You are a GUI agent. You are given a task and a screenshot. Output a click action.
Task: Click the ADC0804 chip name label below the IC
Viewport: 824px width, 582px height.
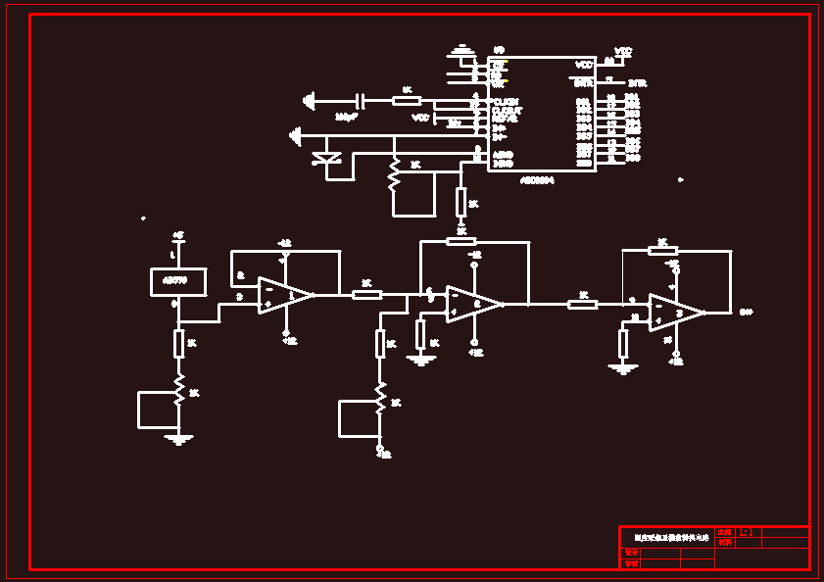pos(537,180)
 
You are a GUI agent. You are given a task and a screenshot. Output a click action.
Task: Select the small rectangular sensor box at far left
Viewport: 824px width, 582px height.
pos(177,282)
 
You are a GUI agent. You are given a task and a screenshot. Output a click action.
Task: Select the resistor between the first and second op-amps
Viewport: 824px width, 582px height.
pos(366,294)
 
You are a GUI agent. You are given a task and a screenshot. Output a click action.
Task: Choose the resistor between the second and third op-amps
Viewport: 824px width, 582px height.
pos(582,304)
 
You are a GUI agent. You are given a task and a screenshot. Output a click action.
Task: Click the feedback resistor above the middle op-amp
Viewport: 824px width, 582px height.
pos(460,241)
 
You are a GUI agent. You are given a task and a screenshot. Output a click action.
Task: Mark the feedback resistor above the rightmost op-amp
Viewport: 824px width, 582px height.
pos(662,251)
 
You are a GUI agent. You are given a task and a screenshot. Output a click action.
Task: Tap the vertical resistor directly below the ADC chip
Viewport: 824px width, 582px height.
pos(460,202)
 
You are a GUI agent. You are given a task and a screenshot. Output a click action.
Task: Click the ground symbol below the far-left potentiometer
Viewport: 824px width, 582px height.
pos(177,439)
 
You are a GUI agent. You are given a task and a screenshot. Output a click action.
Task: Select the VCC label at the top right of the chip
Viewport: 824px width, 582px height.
pos(623,51)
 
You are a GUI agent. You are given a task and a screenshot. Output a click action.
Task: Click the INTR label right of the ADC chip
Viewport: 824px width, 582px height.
pos(637,83)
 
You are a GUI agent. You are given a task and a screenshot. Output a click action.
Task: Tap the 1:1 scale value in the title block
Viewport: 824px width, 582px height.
pos(745,532)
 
